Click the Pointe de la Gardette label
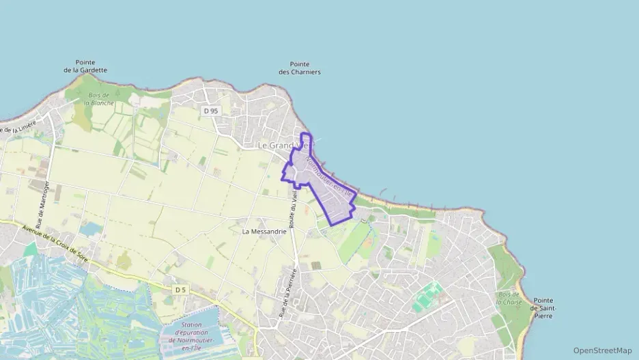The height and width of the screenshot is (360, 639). point(85,66)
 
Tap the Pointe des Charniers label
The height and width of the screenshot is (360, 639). point(300,68)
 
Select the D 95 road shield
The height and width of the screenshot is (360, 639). point(210,110)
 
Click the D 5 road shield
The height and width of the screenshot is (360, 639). point(180,290)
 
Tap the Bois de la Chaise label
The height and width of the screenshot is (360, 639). point(509,298)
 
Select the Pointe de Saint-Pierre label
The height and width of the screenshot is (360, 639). point(545,308)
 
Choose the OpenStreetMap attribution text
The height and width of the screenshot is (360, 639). point(602,350)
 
